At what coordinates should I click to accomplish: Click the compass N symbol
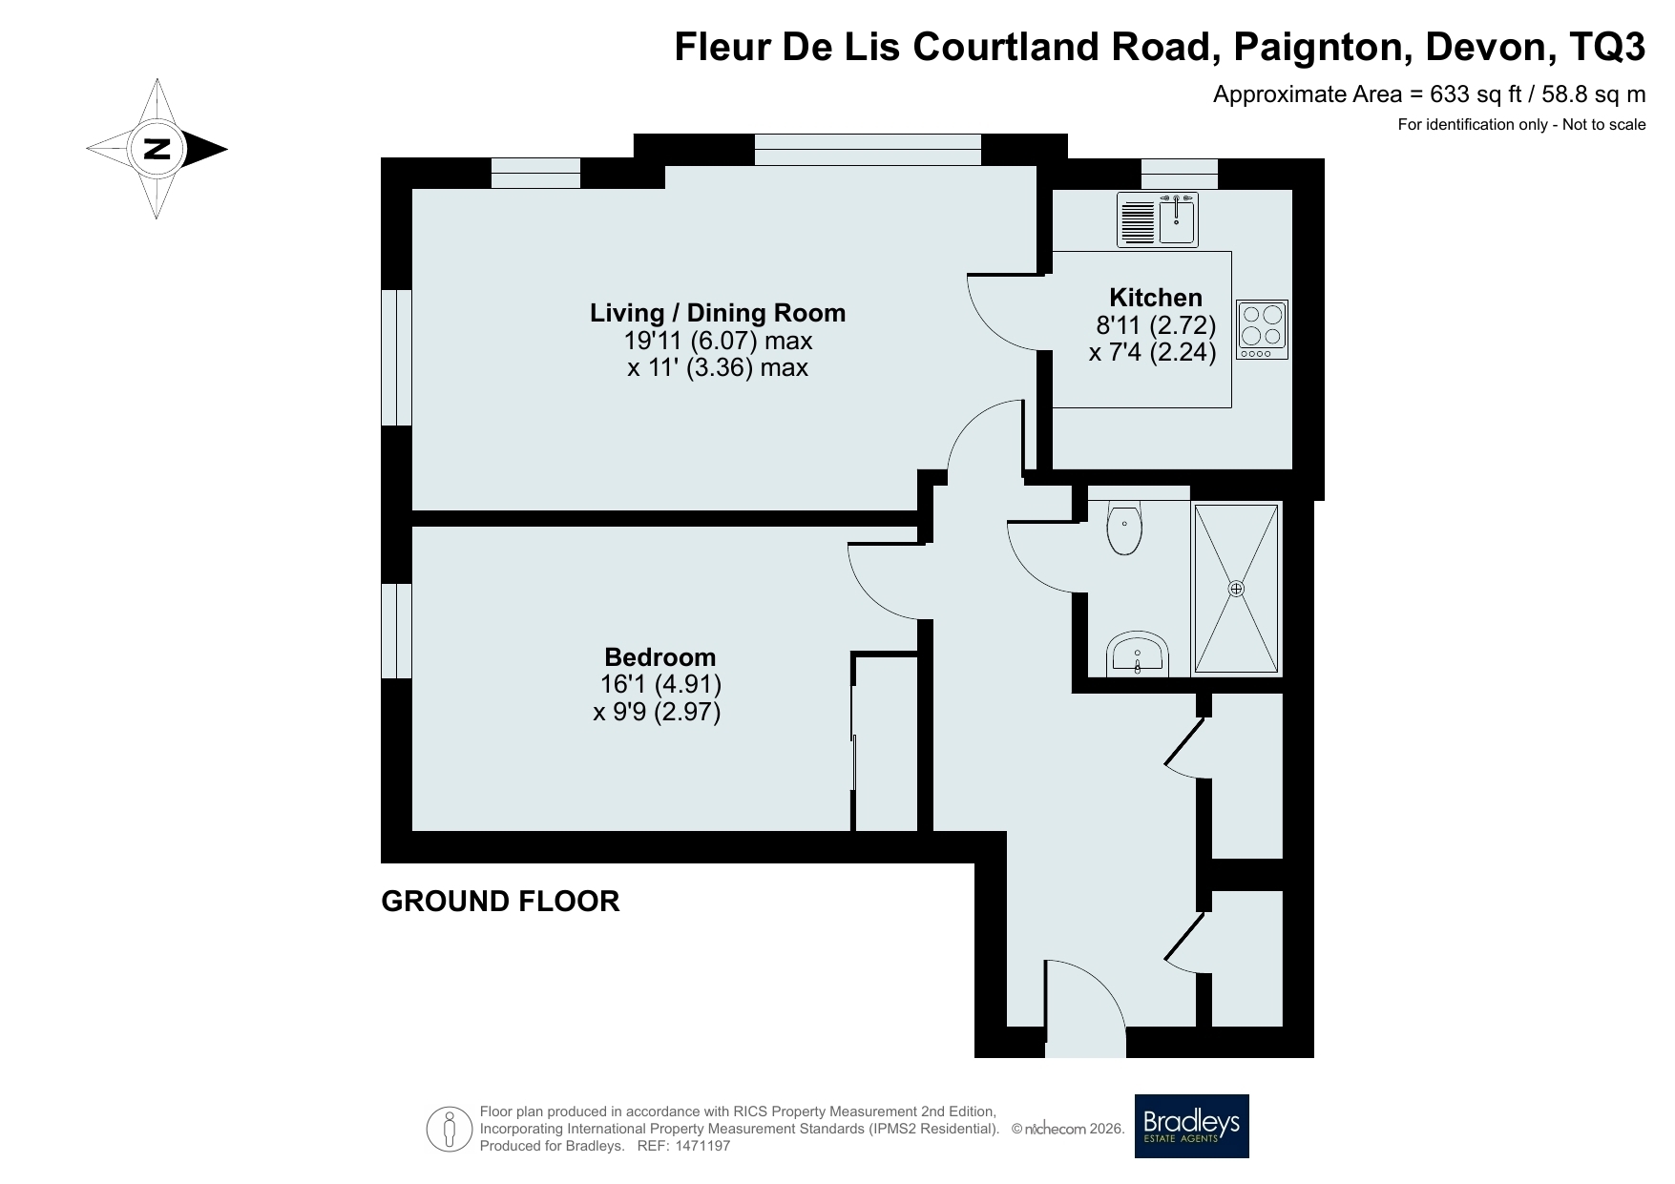coord(157,149)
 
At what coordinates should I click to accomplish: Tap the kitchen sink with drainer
coord(1158,219)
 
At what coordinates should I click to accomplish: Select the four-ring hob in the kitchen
coord(1262,330)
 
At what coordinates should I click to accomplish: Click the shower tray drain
coord(1236,589)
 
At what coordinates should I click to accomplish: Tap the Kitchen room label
coord(1155,297)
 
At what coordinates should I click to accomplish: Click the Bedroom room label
coord(660,656)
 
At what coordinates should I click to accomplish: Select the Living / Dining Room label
coord(718,312)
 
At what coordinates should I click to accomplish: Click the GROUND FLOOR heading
coord(500,901)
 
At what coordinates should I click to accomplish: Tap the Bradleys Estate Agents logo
coord(1191,1126)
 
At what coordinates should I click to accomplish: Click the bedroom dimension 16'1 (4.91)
coord(660,684)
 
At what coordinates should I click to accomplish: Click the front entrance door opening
coord(1086,1043)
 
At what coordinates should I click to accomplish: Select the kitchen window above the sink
coord(1180,174)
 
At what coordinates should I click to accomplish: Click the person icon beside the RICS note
coord(450,1129)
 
